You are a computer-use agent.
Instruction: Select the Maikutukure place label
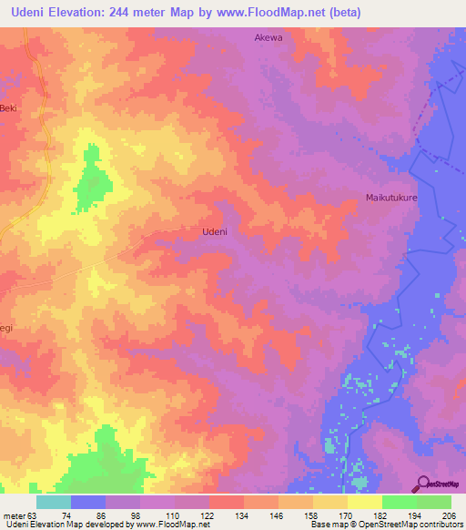391,198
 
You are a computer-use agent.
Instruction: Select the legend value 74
66,515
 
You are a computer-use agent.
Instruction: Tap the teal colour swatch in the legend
54,502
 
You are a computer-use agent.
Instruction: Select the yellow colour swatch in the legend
364,502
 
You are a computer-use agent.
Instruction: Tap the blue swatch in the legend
88,502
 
